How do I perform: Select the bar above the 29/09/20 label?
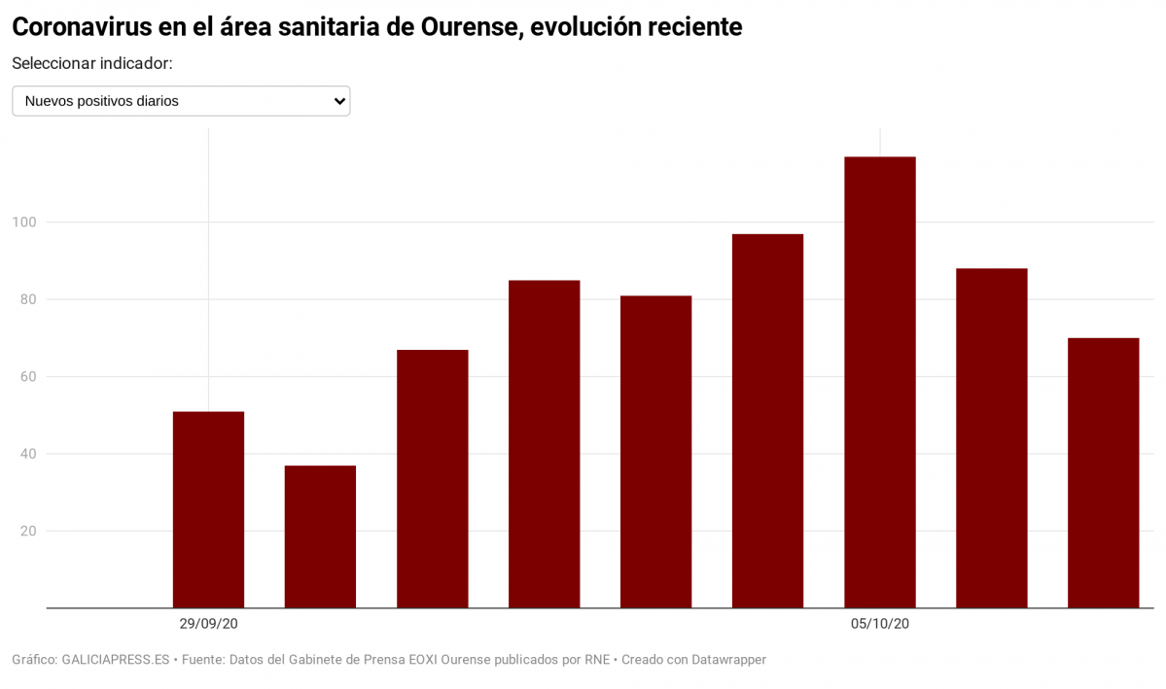[208, 509]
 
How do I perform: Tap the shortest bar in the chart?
[320, 536]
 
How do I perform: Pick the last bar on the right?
[1103, 472]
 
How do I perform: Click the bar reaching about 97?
[767, 421]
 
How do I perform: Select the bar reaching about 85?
[544, 444]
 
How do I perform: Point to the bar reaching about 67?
[432, 478]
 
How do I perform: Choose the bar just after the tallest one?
[991, 437]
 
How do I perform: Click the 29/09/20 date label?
[208, 624]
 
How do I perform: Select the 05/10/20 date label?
[879, 624]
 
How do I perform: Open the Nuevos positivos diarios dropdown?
[181, 101]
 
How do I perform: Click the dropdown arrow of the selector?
[339, 101]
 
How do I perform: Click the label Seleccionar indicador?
[92, 63]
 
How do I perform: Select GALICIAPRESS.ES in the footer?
[117, 660]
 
